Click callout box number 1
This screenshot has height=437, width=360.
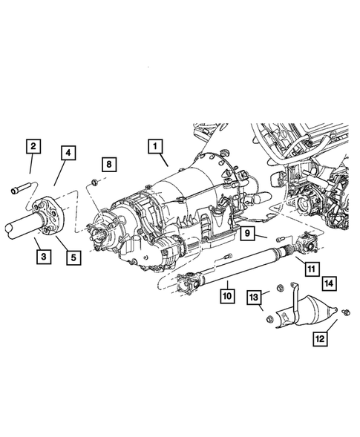(x=156, y=147)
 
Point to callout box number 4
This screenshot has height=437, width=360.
(x=68, y=154)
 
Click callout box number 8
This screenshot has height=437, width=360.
(x=108, y=162)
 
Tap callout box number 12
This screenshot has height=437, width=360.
(x=320, y=338)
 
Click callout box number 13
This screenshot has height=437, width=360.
(x=254, y=298)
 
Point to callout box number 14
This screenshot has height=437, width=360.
(x=328, y=283)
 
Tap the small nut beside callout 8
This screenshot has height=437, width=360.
(x=91, y=180)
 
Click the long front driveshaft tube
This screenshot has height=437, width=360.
(x=245, y=267)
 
